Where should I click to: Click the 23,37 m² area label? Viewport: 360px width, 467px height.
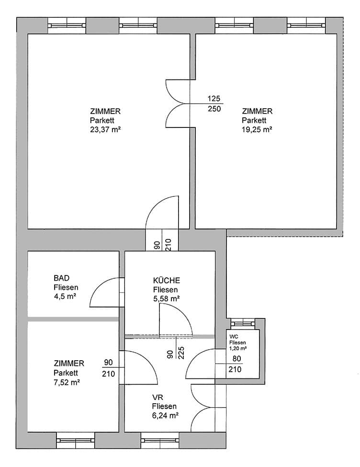tap(105, 129)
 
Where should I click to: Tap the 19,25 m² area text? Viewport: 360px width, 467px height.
tap(257, 129)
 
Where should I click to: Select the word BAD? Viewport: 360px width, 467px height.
tap(61, 278)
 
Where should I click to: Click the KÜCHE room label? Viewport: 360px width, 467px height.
tap(167, 280)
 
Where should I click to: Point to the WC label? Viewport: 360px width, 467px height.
tap(234, 337)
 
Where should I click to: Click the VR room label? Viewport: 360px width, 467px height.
tap(157, 397)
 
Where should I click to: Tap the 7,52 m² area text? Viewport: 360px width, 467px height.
tap(67, 382)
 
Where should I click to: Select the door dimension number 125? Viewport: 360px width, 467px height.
tap(214, 98)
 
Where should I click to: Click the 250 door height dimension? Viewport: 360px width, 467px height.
tap(214, 109)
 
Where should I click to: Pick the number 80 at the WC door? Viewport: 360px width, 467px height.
tap(236, 359)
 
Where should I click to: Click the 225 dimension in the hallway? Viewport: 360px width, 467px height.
tap(181, 353)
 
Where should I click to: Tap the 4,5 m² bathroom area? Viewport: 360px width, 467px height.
tap(65, 296)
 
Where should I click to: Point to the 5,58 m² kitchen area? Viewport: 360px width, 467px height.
tap(166, 298)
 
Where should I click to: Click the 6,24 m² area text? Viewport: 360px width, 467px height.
tap(165, 415)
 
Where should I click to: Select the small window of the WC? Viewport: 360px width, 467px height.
tap(243, 323)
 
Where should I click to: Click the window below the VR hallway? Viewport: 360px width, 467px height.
tap(160, 440)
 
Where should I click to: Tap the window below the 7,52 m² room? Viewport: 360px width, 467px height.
tap(76, 440)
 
